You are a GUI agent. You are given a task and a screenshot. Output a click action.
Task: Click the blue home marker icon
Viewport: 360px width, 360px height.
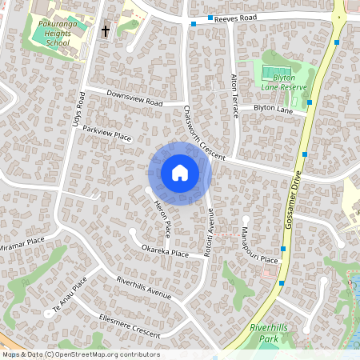(x=180, y=173)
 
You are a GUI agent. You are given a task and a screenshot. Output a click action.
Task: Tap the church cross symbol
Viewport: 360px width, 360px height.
(x=105, y=31)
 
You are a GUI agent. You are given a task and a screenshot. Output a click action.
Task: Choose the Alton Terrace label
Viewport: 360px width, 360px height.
(x=235, y=96)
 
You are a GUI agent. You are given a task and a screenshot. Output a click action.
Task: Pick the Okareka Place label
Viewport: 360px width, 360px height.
(x=165, y=253)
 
